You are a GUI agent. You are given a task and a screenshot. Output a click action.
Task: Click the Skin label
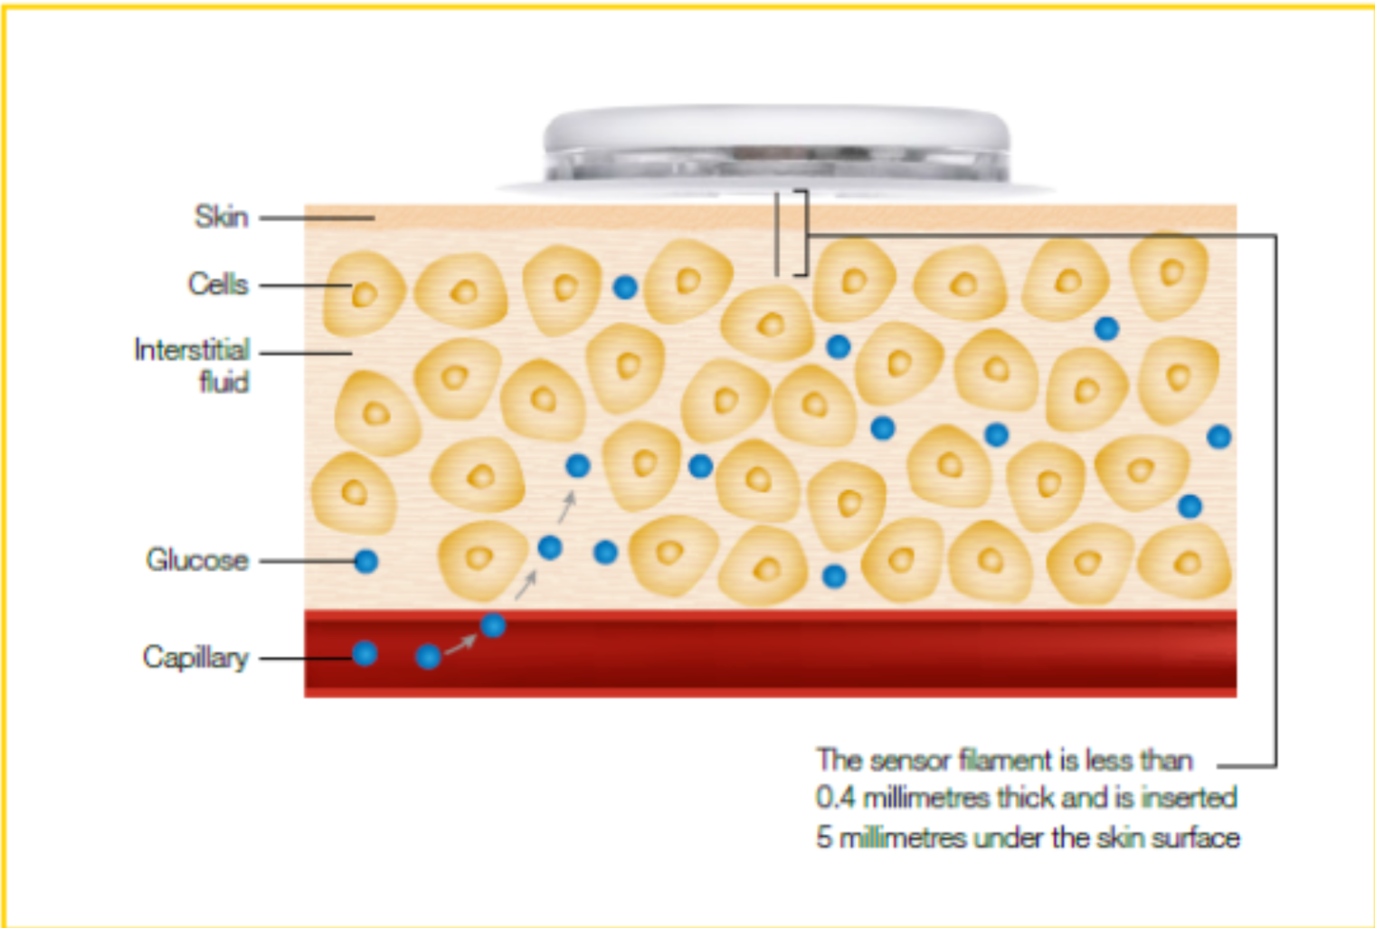click(x=222, y=217)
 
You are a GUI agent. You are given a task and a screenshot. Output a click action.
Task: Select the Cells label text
click(x=219, y=284)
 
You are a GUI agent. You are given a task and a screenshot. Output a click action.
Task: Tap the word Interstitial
click(x=192, y=350)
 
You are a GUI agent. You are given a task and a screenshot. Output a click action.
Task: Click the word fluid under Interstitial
click(x=224, y=382)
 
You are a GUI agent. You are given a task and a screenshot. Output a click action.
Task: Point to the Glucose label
click(x=197, y=560)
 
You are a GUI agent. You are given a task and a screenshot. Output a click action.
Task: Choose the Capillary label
click(x=195, y=658)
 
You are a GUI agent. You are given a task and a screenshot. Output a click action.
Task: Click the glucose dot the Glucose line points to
click(x=366, y=561)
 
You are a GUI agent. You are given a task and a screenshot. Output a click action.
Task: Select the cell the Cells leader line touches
click(x=364, y=293)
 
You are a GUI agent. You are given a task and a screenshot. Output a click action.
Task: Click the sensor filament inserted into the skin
click(x=777, y=233)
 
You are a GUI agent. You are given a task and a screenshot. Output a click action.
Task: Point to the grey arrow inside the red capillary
click(x=460, y=644)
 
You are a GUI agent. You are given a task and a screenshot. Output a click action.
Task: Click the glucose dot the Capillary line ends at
click(x=365, y=654)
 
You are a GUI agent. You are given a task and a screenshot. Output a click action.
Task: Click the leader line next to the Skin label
click(x=317, y=218)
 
